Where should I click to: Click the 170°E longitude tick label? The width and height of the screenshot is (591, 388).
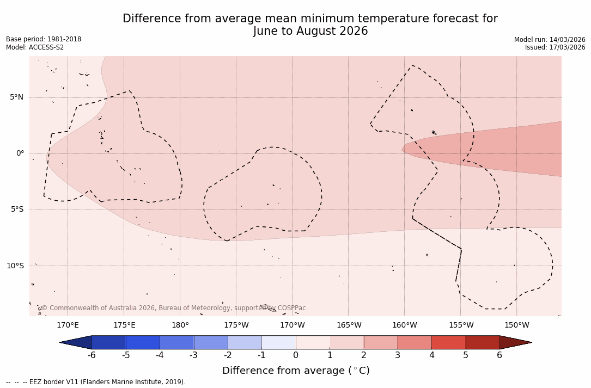click(68, 325)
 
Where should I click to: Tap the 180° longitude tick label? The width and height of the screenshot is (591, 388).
click(180, 325)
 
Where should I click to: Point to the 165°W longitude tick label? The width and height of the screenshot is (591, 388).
click(349, 325)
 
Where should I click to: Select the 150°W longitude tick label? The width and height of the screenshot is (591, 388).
click(517, 325)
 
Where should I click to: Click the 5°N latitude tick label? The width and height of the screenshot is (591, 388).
click(16, 97)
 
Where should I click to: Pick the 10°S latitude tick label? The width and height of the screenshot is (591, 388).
click(15, 266)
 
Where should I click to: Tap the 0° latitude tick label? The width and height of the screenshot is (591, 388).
click(20, 153)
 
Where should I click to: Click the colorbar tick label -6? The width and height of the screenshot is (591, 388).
click(92, 355)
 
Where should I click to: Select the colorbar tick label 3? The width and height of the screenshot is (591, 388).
click(398, 355)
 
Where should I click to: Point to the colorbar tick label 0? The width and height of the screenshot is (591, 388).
click(296, 355)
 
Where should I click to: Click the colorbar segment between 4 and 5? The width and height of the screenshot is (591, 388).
click(448, 342)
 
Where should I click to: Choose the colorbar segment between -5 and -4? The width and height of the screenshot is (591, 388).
click(143, 342)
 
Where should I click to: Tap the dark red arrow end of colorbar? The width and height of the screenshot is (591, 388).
click(515, 342)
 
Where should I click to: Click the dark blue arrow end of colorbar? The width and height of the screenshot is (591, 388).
click(77, 342)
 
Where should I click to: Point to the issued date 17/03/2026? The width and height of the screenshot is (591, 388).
click(566, 47)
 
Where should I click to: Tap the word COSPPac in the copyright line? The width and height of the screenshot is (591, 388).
click(291, 308)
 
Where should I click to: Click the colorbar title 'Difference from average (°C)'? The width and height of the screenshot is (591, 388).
click(296, 371)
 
